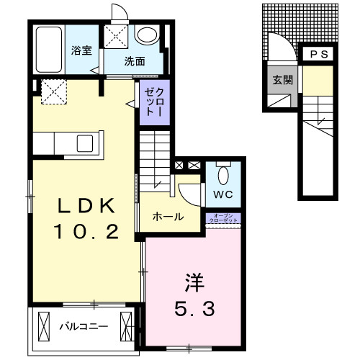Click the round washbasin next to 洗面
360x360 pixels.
(148, 36)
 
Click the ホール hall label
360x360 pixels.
(168, 217)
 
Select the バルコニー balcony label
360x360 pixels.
(83, 325)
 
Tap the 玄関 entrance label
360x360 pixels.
(282, 80)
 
